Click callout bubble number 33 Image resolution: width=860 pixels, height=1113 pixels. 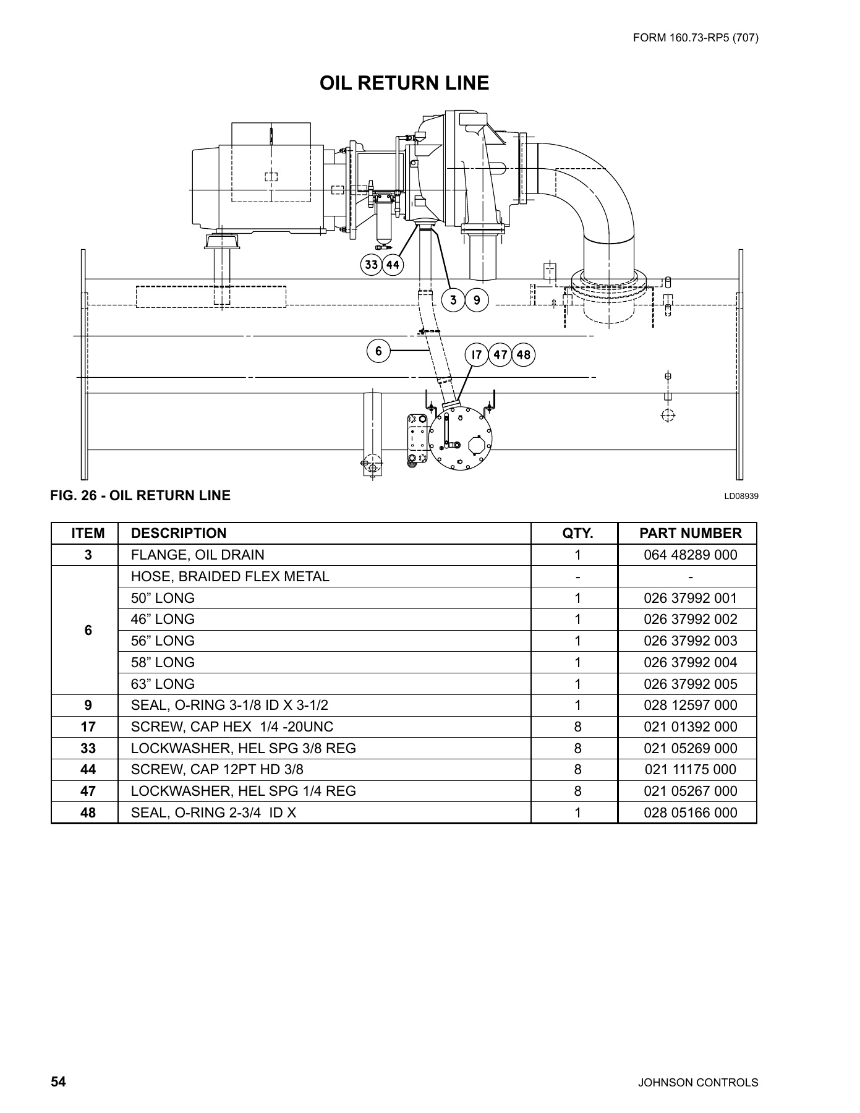point(371,265)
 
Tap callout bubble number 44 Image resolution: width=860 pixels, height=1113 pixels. point(393,265)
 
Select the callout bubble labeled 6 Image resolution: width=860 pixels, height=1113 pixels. point(378,351)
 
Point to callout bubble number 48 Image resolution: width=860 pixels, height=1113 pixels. point(523,355)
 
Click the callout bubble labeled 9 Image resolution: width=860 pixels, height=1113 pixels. point(477,301)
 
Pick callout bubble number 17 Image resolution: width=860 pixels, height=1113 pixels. point(476,355)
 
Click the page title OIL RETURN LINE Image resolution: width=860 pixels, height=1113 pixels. point(404,83)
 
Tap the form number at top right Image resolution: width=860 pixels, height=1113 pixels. point(696,38)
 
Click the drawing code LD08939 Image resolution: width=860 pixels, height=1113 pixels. point(741,496)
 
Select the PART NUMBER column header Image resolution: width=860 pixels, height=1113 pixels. point(690,534)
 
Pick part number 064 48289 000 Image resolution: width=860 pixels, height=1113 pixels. point(690,555)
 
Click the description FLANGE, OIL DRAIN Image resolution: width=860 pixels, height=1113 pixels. point(197,555)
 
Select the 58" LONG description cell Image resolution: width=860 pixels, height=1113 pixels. point(163,662)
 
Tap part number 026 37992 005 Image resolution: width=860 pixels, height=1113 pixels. point(690,684)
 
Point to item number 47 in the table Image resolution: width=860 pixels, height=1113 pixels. point(88,791)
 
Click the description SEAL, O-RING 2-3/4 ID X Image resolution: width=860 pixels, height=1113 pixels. point(213,812)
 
